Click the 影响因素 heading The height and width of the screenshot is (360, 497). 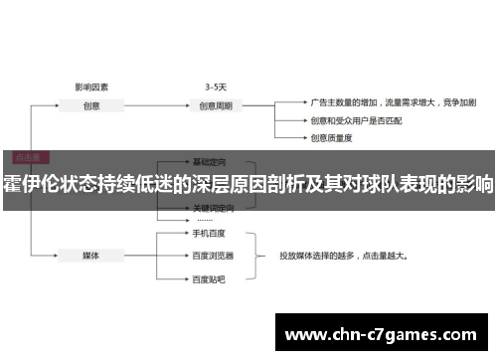pyautogui.click(x=91, y=87)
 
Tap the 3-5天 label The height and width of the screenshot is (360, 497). pyautogui.click(x=217, y=87)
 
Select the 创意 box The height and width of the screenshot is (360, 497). pyautogui.click(x=90, y=105)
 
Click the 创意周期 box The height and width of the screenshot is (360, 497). pyautogui.click(x=217, y=105)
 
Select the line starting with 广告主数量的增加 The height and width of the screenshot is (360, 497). pyautogui.click(x=393, y=101)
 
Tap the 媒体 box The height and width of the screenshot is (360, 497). pyautogui.click(x=90, y=254)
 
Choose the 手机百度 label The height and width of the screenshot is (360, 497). pyautogui.click(x=209, y=235)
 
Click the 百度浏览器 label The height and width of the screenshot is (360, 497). pyautogui.click(x=212, y=255)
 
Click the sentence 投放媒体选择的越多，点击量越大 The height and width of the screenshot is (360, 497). pyautogui.click(x=346, y=254)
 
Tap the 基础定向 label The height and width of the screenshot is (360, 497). pyautogui.click(x=210, y=161)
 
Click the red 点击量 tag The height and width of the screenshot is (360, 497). pyautogui.click(x=27, y=156)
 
